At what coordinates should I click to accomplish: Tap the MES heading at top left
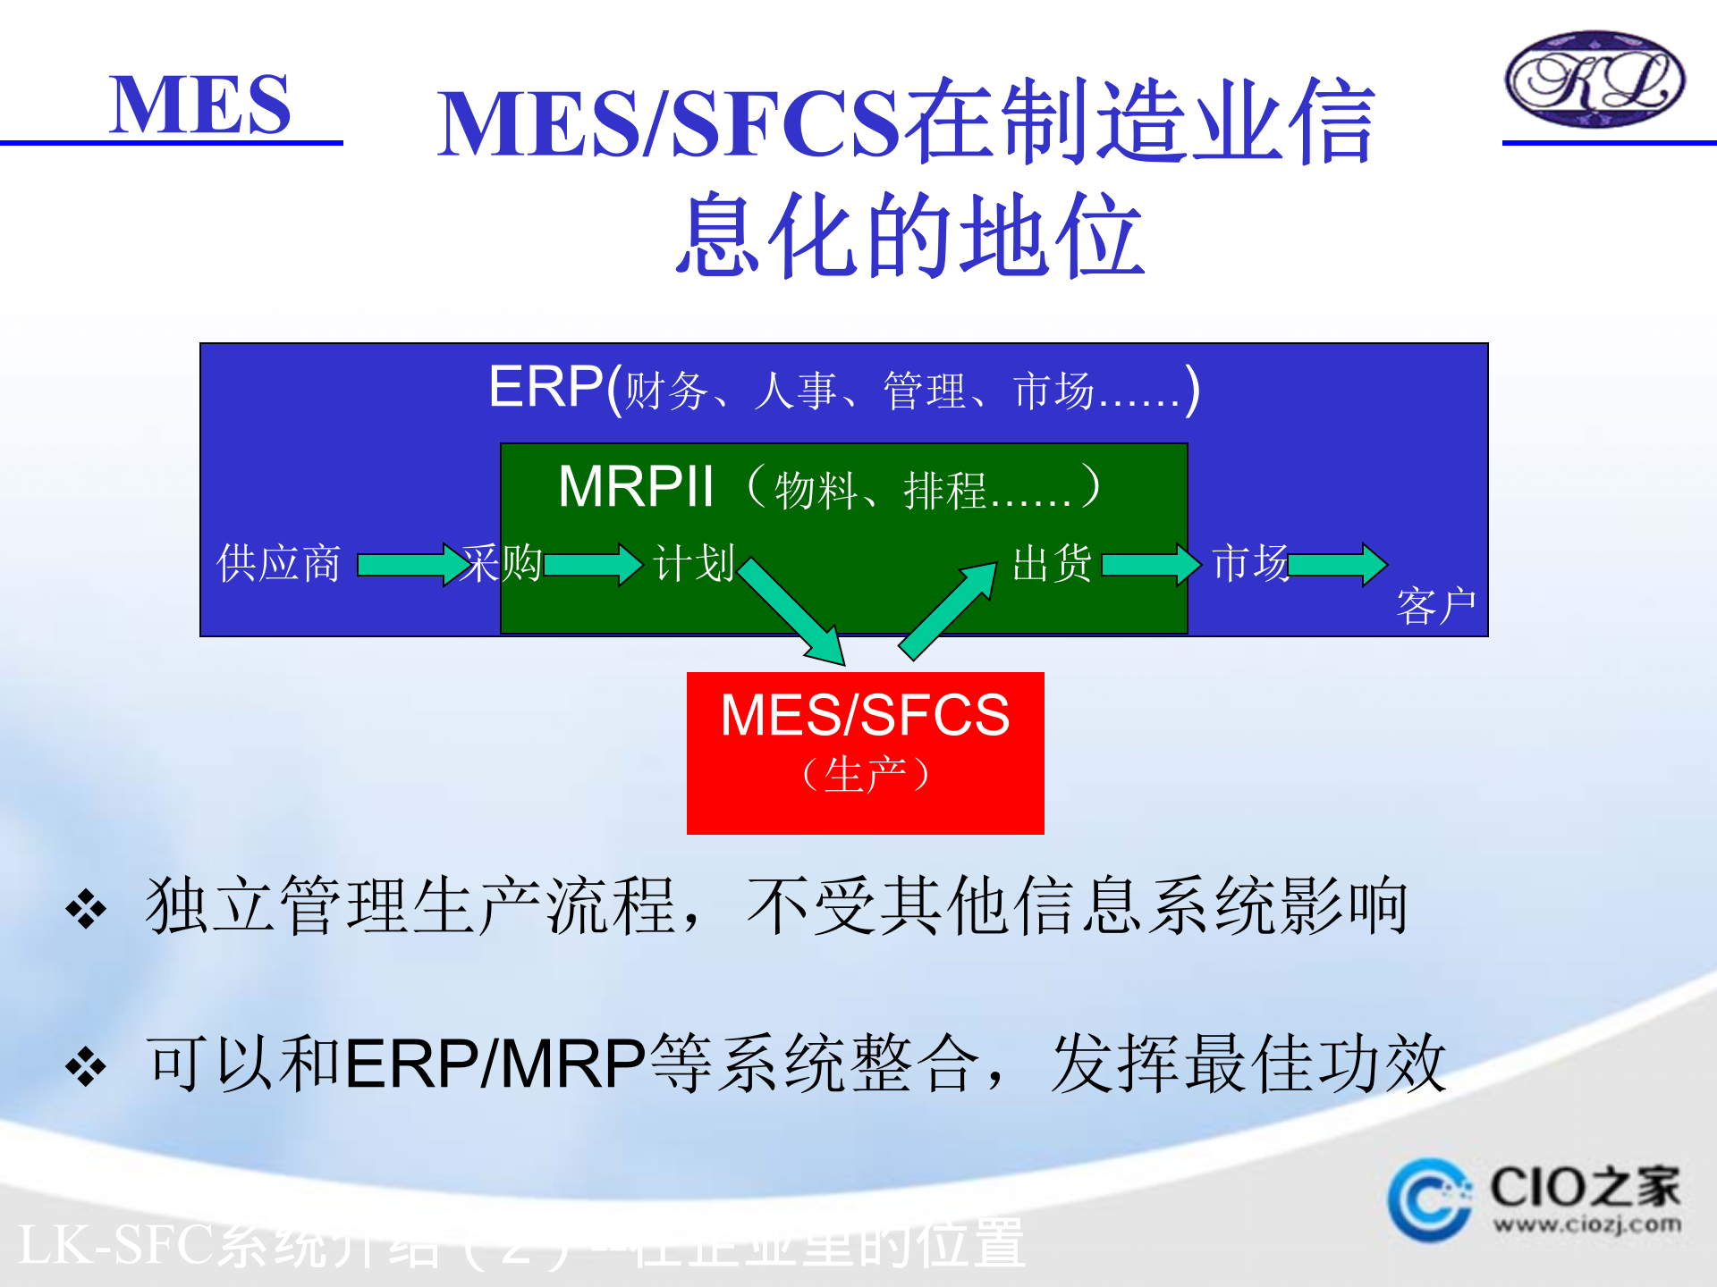pos(199,105)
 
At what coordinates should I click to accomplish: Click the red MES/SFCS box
pos(865,753)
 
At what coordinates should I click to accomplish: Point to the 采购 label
pos(502,564)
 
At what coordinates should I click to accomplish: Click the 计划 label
pos(694,564)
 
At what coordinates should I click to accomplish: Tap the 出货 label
pos(1052,564)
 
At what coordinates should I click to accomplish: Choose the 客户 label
pos(1435,607)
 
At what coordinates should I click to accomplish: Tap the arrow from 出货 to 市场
pos(1150,565)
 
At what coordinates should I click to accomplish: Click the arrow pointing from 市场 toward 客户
pos(1338,565)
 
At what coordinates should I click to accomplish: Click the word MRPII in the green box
pos(636,487)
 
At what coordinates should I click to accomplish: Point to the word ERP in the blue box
pos(546,387)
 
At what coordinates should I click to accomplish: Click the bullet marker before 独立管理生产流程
pos(86,910)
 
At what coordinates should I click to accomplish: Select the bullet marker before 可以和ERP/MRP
pos(86,1067)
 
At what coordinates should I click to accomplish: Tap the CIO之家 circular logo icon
pos(1429,1200)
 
